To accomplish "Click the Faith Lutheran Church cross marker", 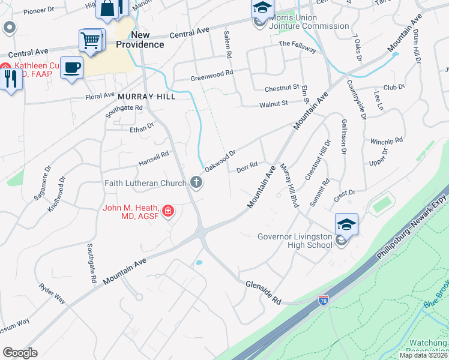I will (x=195, y=181).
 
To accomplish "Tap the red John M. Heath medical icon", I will (x=169, y=211).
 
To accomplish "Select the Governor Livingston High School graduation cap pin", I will (x=346, y=224).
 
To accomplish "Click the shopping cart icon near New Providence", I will (x=91, y=41).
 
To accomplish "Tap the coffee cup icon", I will (x=71, y=67).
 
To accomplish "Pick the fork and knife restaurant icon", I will (x=10, y=79).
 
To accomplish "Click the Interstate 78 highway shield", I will (x=324, y=298).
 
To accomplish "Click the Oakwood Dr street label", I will (x=218, y=160).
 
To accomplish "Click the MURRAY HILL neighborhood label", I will (x=146, y=96).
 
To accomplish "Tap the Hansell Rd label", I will (x=154, y=158).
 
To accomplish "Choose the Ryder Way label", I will (x=52, y=294).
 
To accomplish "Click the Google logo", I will (x=20, y=353).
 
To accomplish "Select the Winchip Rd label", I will (x=386, y=142).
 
